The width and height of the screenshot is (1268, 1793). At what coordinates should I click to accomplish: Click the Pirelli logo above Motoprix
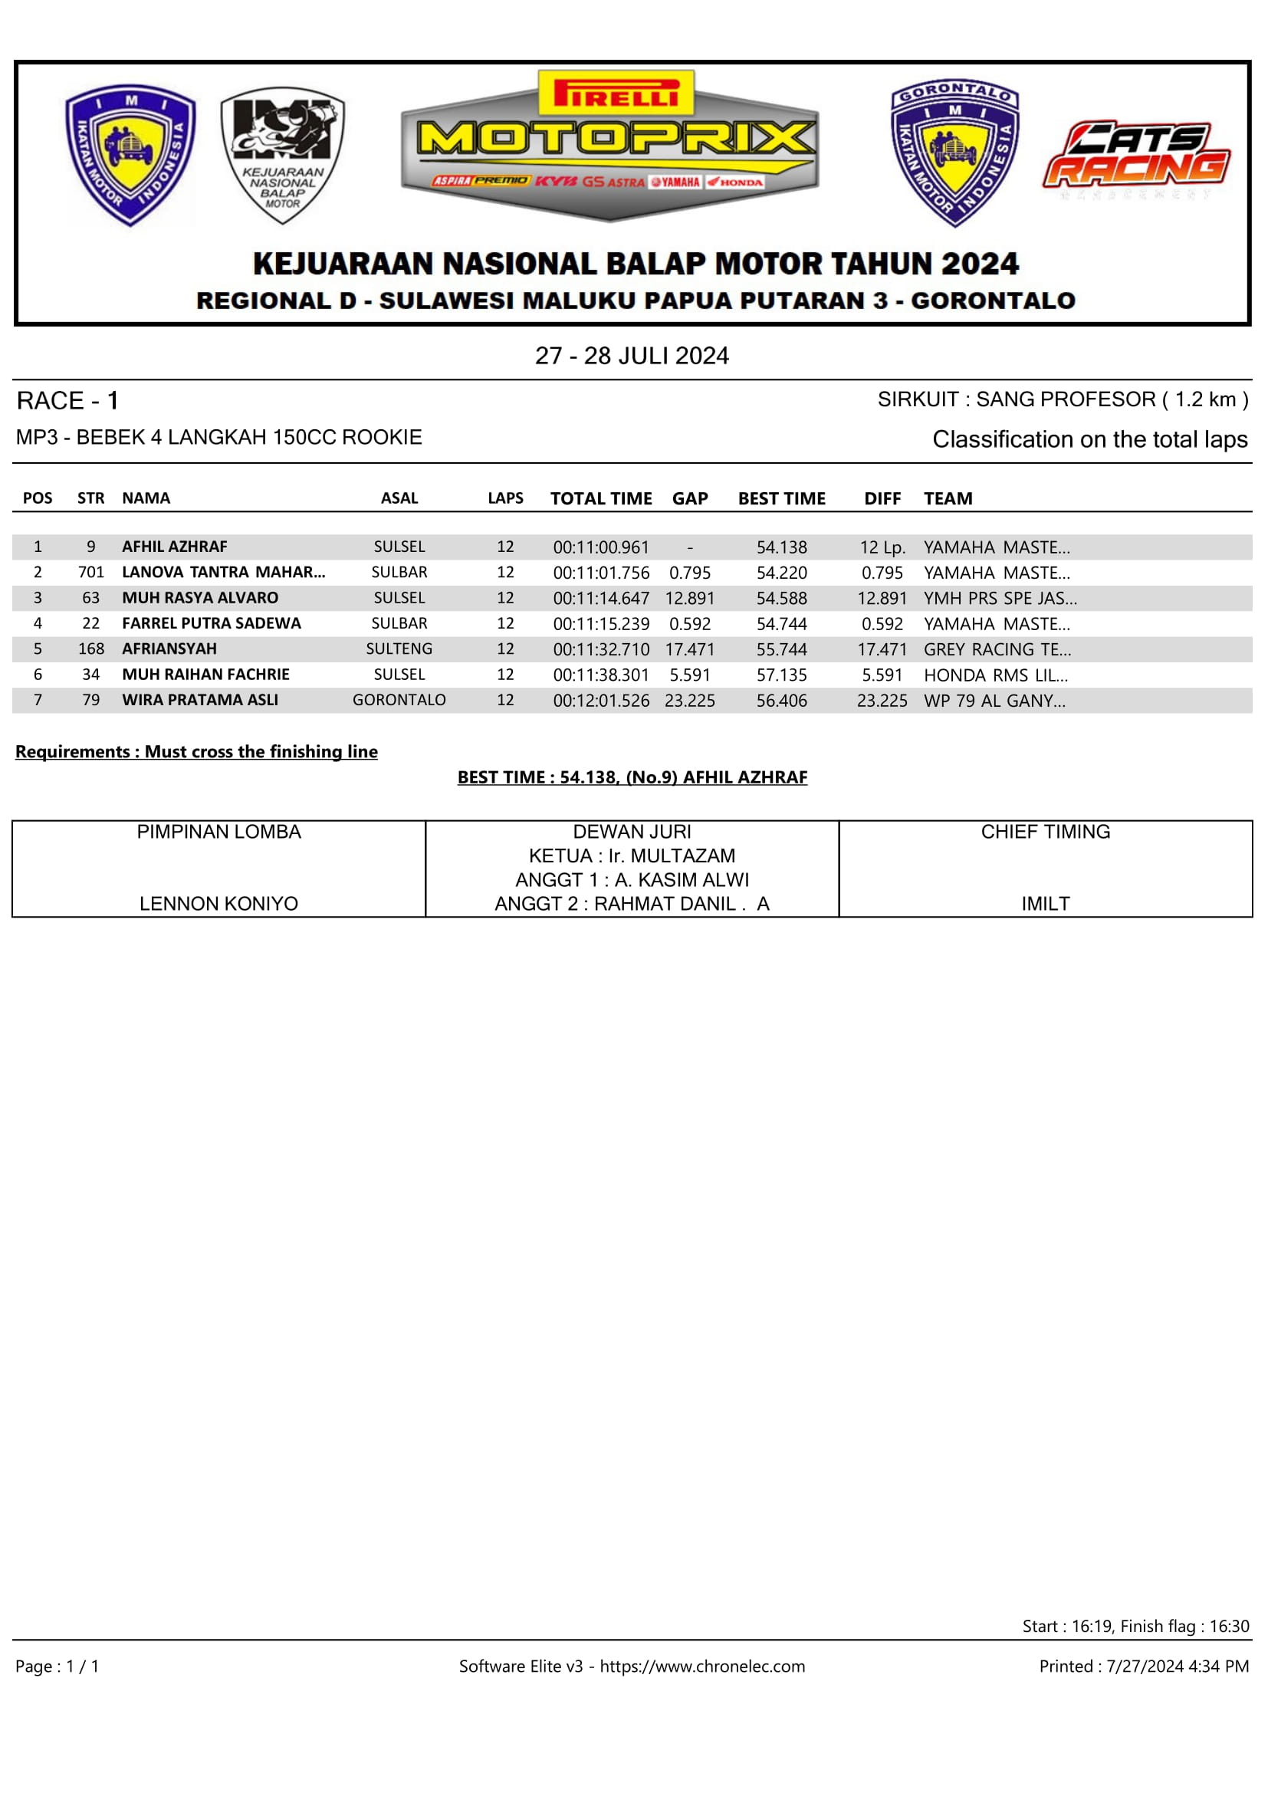point(616,94)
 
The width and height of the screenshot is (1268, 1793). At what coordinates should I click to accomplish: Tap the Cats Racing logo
point(1136,156)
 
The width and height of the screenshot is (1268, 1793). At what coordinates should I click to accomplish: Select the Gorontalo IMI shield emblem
point(954,153)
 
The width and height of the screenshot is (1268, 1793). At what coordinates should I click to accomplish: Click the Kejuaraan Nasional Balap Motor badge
point(283,155)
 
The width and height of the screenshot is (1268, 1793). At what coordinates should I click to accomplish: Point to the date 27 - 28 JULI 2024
point(632,356)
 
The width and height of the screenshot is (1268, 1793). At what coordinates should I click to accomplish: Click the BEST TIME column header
point(781,498)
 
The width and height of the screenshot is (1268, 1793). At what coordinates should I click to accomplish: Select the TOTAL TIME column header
point(600,498)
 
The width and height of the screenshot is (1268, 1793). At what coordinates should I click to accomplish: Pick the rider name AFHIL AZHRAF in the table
point(174,547)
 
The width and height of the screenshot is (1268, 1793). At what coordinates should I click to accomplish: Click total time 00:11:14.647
point(600,598)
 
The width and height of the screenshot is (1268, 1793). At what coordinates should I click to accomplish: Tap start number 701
point(90,573)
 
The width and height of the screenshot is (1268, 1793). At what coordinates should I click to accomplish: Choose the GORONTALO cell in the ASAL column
point(399,701)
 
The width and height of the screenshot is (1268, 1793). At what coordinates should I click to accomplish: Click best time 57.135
point(781,675)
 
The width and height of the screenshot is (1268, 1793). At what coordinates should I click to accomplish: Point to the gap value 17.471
point(689,649)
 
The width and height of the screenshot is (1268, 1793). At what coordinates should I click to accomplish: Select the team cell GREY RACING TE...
point(997,649)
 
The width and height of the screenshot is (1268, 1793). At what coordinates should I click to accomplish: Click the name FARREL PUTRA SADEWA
point(211,623)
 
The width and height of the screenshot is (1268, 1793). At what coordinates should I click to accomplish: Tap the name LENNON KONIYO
point(218,904)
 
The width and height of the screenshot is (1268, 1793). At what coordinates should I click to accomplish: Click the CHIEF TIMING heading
point(1046,832)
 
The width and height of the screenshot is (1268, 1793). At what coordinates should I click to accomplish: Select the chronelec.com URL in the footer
point(702,1667)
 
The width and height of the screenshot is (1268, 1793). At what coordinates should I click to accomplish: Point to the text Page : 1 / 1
point(57,1667)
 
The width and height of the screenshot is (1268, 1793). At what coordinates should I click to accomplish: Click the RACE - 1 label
point(68,402)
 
